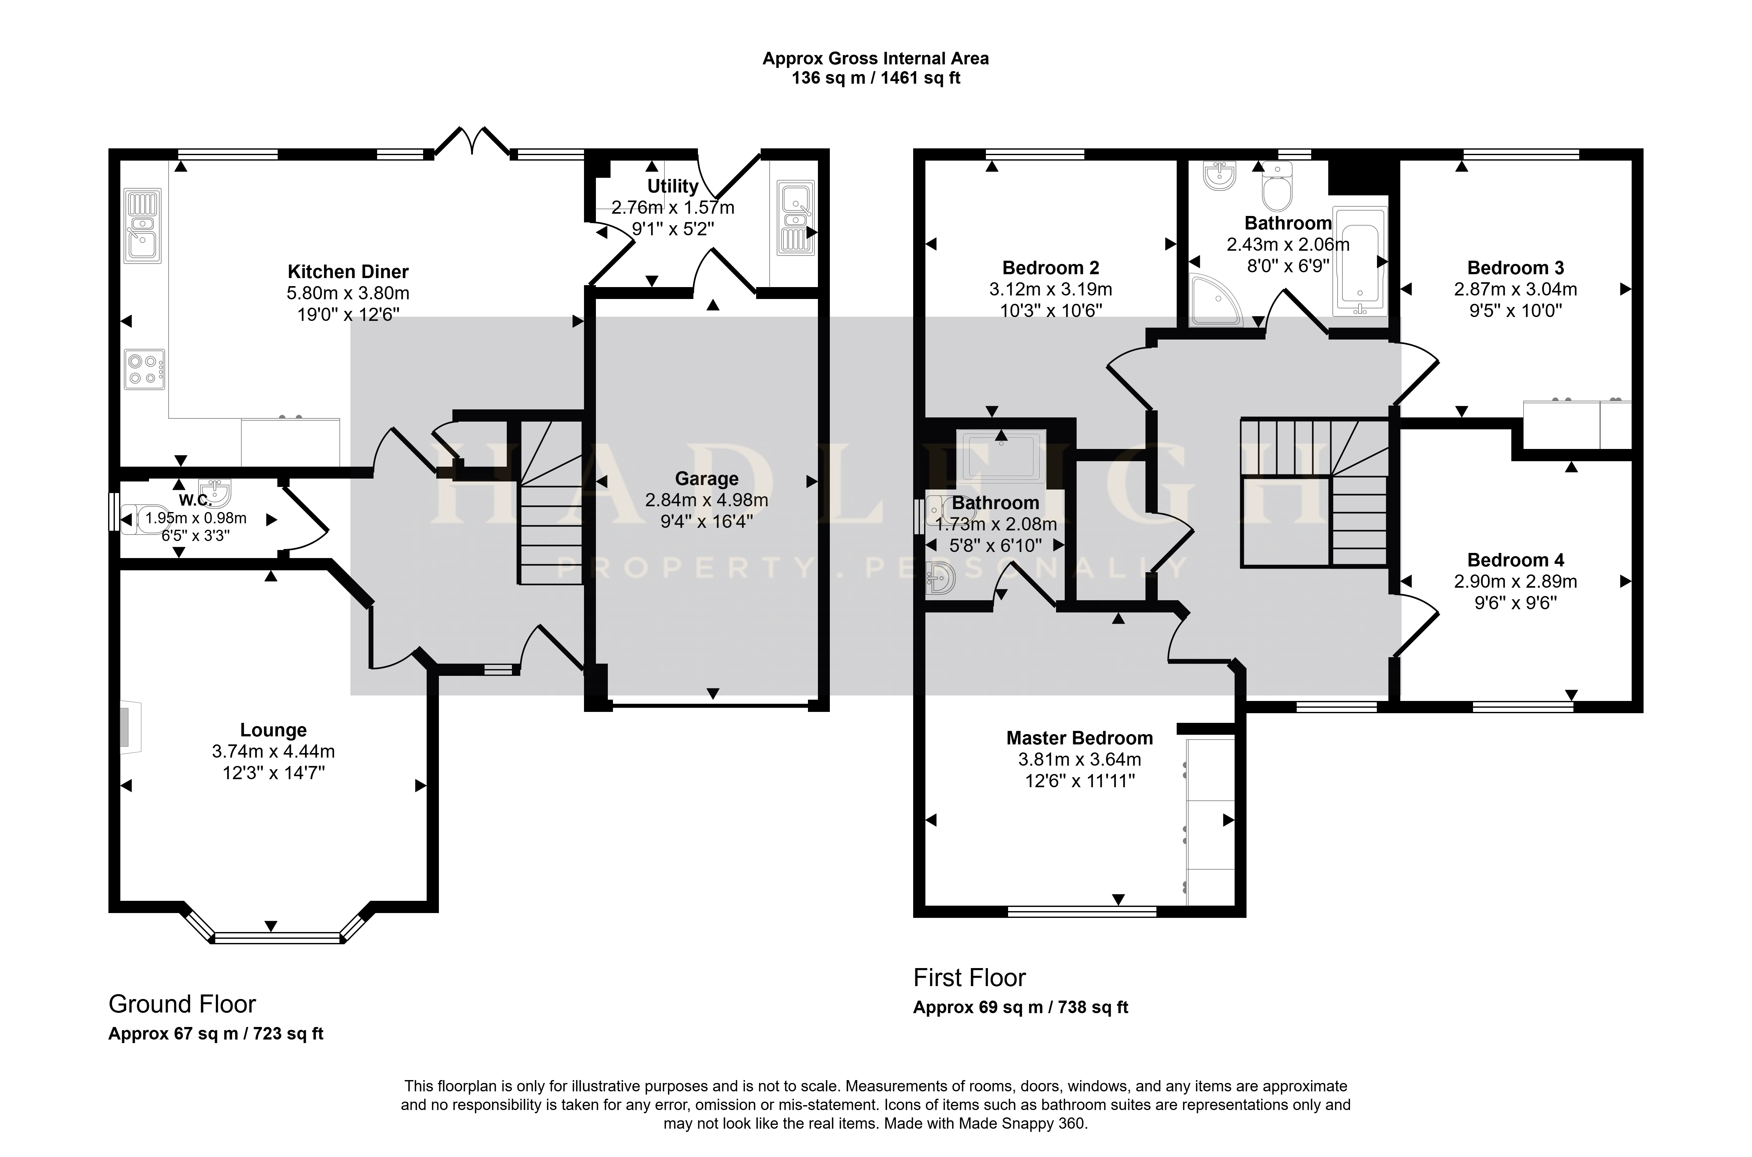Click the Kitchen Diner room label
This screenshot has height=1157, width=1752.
tap(348, 272)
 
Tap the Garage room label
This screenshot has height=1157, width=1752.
tap(707, 479)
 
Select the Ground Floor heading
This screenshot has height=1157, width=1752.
tap(182, 1004)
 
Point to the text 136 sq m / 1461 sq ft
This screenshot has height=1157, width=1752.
tap(876, 78)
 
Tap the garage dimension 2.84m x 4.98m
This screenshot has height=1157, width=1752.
tap(707, 500)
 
